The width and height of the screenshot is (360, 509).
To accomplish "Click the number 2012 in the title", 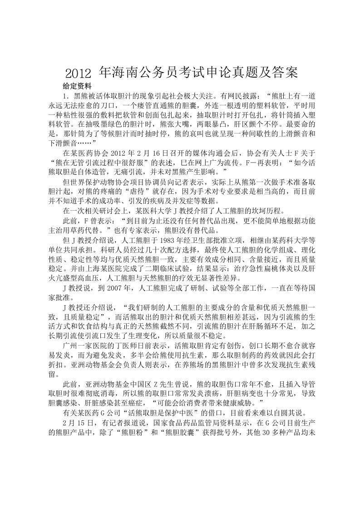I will click(79, 73).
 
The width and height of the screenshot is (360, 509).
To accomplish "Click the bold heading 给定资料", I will click(77, 86).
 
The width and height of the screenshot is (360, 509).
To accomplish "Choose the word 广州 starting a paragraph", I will click(72, 346).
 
